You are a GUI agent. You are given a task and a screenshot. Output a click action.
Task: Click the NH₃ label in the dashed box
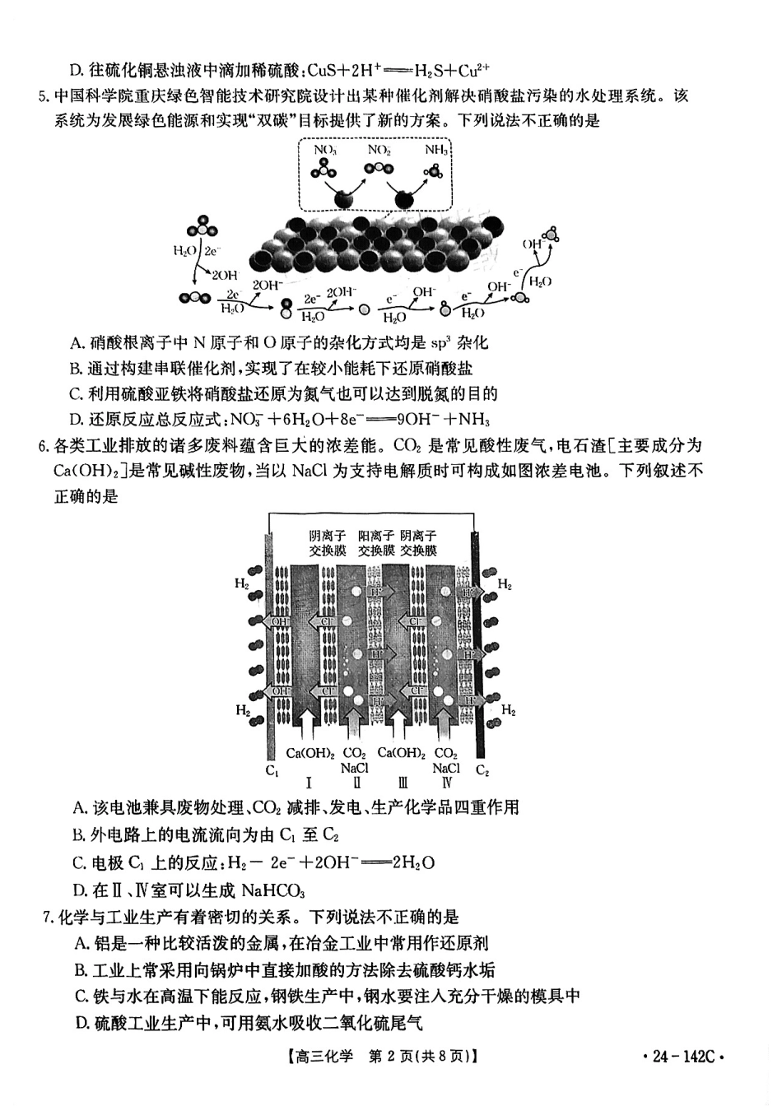(x=436, y=150)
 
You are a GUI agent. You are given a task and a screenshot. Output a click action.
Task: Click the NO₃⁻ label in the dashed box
(x=325, y=150)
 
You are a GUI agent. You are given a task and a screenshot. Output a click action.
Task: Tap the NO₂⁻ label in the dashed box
(x=379, y=150)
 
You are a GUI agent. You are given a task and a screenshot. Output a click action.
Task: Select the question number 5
(x=44, y=96)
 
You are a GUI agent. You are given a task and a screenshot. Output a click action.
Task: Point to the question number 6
(x=44, y=447)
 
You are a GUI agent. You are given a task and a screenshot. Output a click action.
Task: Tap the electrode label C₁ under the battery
(x=272, y=771)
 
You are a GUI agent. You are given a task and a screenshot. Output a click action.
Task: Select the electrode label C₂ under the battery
(x=482, y=771)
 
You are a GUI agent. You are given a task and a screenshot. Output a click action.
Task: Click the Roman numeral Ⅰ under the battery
(x=308, y=783)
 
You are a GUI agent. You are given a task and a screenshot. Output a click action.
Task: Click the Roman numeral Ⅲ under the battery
(x=402, y=783)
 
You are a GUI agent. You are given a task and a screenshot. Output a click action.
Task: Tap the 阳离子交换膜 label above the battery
(x=375, y=543)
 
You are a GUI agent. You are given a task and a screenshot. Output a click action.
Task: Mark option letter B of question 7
(x=80, y=970)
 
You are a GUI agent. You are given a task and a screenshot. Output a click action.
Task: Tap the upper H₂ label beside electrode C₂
(x=504, y=585)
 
